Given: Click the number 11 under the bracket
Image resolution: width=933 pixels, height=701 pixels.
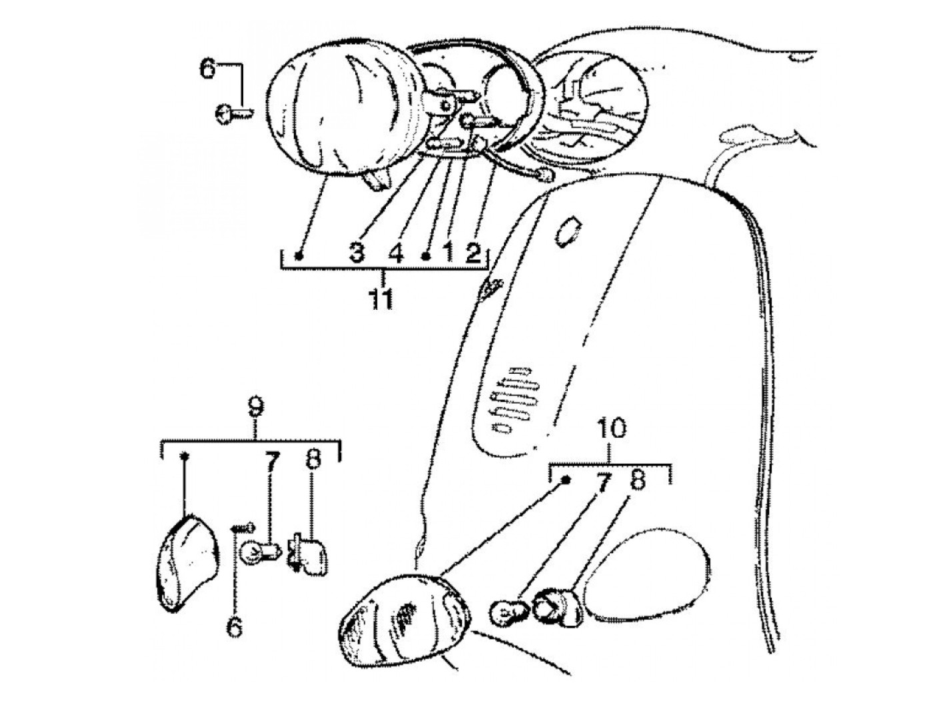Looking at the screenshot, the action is point(381,298).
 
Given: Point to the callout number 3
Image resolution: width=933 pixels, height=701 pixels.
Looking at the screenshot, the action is point(357,253).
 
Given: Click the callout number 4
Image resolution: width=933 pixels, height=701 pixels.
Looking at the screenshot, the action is point(397,253).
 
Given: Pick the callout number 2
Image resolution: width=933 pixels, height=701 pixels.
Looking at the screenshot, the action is point(472,253).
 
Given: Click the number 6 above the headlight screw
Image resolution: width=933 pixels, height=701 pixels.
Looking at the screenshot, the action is point(209,69).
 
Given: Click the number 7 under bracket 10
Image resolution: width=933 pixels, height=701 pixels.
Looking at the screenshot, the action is point(602,482).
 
